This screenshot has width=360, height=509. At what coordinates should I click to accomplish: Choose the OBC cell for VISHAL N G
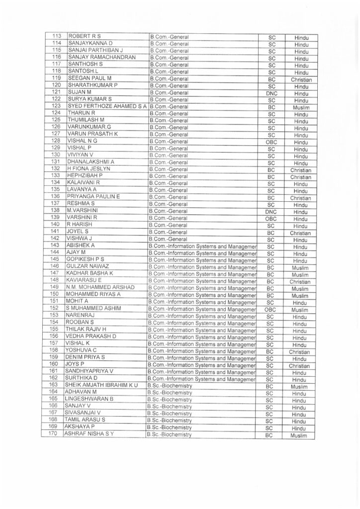pos(271,141)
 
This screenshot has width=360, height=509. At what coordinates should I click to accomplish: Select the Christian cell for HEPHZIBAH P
pos(300,177)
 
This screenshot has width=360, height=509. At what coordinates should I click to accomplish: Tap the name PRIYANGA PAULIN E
pos(94,197)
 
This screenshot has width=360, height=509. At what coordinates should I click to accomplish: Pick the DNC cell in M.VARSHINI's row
pos(271,211)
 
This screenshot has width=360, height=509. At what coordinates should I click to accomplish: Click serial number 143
pos(56,246)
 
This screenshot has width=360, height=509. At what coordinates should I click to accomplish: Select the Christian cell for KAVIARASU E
pos(300,281)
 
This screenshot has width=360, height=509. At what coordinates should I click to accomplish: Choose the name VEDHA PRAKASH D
pos(91,336)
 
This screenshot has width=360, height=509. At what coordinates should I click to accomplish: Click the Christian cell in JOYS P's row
pos(300,365)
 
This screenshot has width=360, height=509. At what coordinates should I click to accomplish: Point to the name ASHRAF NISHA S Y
pos(94,434)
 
